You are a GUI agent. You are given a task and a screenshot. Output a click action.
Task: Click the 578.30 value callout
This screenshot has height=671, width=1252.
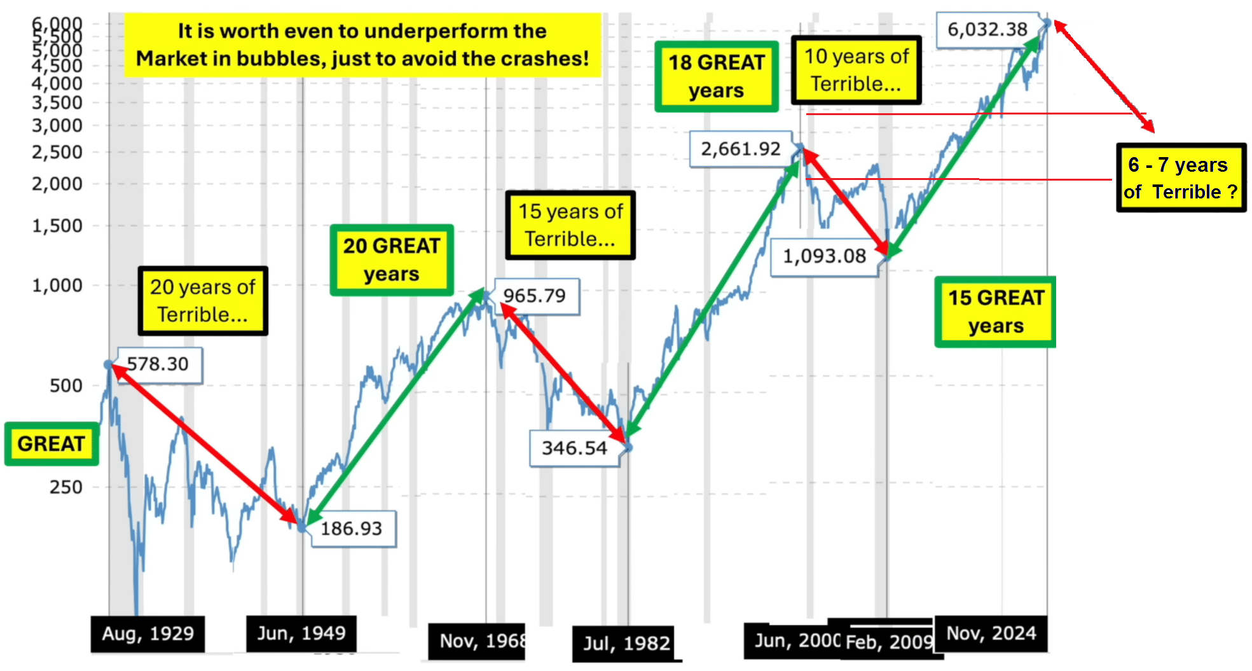coord(159,364)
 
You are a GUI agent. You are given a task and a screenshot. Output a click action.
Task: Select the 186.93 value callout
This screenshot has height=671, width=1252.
coord(352,529)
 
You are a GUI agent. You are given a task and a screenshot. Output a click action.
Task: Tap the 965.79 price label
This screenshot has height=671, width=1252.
coord(535,296)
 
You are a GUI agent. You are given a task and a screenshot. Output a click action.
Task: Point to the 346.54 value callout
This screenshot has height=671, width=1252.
coord(574,448)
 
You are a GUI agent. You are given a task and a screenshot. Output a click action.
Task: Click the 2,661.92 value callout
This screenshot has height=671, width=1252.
coord(741,149)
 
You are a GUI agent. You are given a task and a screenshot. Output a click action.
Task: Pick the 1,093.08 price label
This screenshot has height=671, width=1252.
coord(824,256)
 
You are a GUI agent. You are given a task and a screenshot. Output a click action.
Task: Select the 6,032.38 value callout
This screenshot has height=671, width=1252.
coord(987,29)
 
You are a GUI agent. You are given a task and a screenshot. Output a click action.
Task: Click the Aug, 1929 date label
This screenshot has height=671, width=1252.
coord(148,633)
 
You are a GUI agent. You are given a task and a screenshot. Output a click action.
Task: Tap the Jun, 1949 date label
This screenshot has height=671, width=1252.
coord(301,633)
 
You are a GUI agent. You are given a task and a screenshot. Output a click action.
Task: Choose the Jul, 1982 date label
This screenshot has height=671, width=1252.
coord(626,643)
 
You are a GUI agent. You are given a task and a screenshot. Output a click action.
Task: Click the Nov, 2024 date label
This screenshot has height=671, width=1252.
coord(991,633)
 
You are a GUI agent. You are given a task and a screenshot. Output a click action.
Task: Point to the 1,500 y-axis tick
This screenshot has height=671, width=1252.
coord(57,226)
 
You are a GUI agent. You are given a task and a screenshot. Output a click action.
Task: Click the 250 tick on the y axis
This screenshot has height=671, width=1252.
coord(66,487)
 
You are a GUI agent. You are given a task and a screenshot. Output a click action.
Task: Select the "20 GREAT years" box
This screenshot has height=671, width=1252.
coord(392,259)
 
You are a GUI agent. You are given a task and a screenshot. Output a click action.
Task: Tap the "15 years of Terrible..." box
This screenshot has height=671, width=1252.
coord(570,225)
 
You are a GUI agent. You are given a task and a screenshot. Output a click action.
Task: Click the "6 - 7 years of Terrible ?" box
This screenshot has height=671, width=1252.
coord(1181,177)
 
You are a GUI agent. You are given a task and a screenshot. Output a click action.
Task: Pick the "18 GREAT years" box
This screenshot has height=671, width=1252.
coord(716,76)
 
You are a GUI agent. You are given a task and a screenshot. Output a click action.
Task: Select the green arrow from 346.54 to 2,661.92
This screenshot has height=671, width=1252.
coord(712,299)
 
